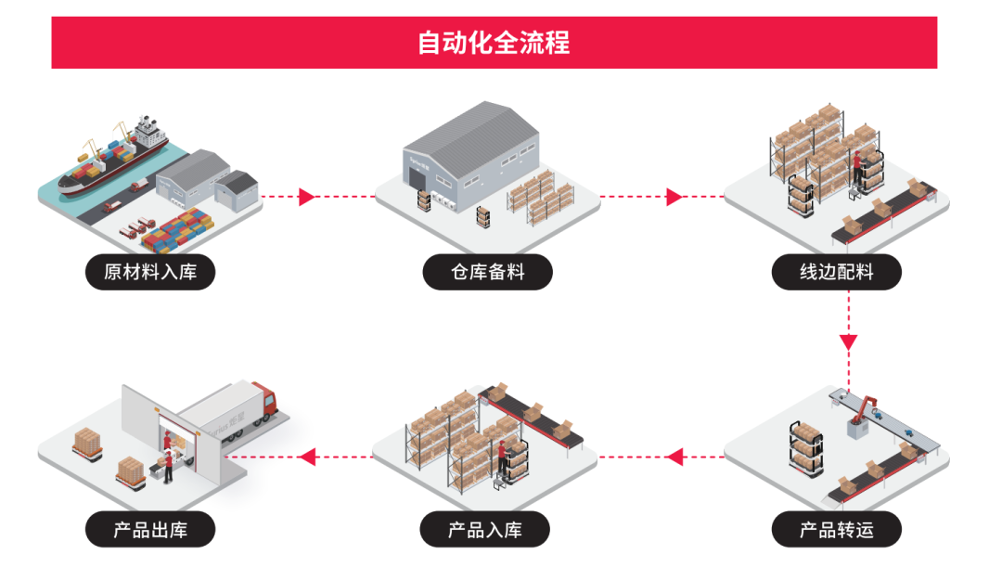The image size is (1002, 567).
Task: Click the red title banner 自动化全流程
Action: [x=494, y=43]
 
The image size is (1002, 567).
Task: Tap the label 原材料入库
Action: [x=150, y=272]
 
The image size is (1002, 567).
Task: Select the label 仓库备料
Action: [x=488, y=272]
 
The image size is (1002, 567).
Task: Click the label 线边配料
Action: [x=837, y=272]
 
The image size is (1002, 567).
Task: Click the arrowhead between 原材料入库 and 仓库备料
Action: [x=307, y=197]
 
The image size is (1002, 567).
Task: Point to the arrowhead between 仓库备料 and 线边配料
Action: [x=674, y=197]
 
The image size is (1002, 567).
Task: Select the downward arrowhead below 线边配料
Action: [x=848, y=341]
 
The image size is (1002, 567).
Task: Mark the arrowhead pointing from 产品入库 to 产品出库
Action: [x=308, y=457]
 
